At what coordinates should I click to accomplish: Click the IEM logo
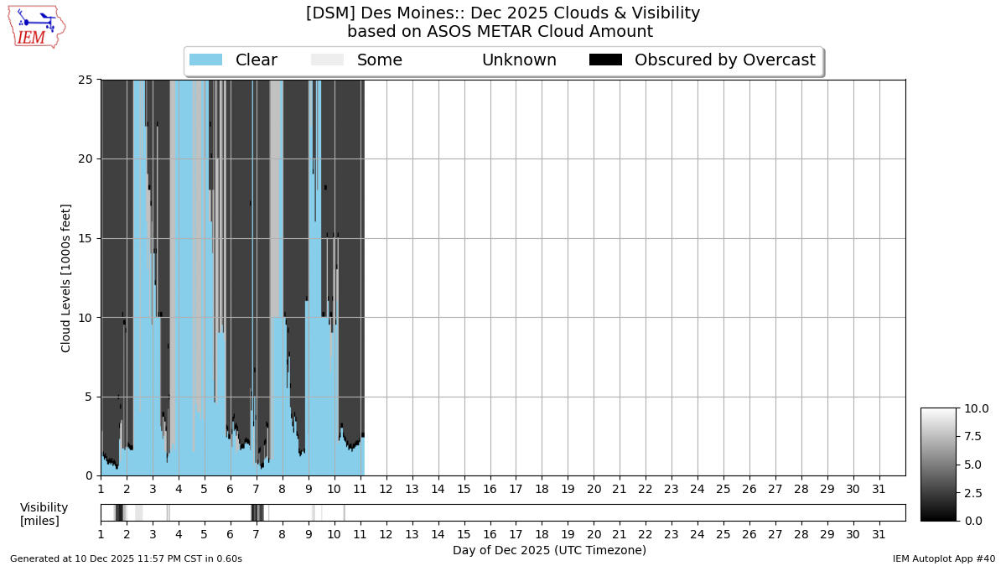coord(36,26)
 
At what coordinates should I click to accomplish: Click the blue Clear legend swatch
coord(205,60)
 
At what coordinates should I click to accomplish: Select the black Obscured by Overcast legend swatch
coord(605,60)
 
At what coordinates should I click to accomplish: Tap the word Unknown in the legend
coord(519,60)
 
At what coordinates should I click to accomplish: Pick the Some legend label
coord(379,60)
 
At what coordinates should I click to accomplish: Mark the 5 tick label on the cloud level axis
coord(88,397)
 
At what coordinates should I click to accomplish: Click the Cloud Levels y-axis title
coord(66,278)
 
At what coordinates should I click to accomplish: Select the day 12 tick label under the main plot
coord(386,489)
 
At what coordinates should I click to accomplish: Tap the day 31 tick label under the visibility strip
coord(879,534)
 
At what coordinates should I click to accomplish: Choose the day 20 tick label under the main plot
coord(594,489)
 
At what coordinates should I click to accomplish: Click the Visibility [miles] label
coord(44,514)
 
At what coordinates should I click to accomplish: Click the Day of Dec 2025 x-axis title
coord(549,550)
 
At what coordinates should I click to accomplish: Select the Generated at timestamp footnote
coord(126,558)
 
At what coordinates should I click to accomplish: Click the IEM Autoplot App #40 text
coord(943,558)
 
